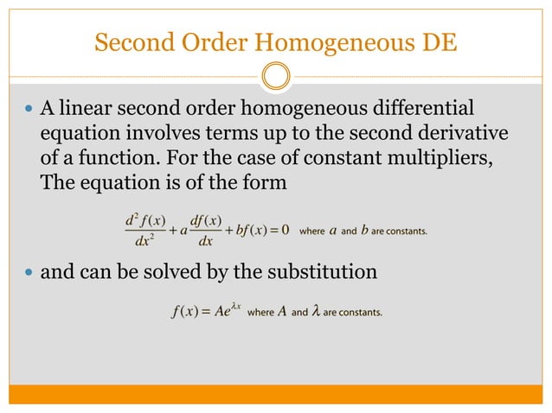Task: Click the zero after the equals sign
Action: pos(285,231)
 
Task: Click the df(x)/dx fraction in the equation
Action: pos(205,231)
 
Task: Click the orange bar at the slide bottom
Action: pos(275,394)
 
